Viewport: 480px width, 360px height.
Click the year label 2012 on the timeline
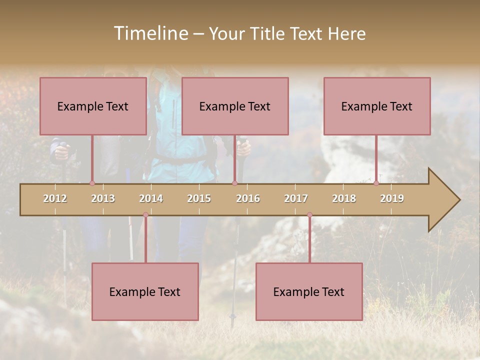coord(55,198)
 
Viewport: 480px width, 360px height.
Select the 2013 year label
coord(103,198)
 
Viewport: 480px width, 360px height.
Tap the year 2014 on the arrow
coord(151,198)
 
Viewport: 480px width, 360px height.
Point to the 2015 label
coord(199,198)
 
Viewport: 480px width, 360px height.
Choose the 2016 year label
coord(248,198)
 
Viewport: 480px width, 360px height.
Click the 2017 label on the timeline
coord(296,198)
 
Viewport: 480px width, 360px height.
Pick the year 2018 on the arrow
coord(344,198)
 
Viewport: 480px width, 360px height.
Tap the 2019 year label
coord(392,198)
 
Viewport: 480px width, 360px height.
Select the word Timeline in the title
coord(150,33)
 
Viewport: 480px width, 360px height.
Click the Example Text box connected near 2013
coord(93,106)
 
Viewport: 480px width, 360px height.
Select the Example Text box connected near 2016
coord(235,106)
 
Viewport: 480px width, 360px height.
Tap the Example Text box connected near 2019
coord(377,106)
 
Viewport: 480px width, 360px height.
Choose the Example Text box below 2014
coord(145,291)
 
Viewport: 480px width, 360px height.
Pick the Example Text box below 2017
coord(309,291)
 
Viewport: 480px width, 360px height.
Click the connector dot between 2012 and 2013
coord(92,183)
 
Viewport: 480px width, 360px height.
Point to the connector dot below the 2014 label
coord(145,215)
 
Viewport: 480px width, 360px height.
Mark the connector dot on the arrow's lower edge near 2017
coord(309,215)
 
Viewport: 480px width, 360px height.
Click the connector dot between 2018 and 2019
coord(376,183)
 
